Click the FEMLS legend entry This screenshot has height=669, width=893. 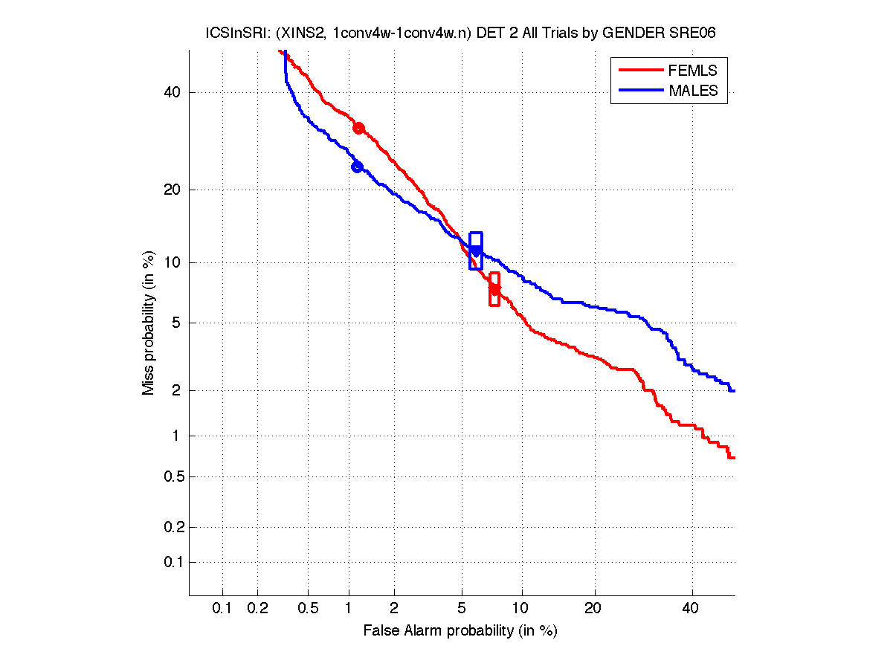coord(692,71)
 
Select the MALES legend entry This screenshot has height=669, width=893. coord(693,91)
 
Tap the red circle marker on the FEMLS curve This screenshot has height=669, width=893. coord(358,128)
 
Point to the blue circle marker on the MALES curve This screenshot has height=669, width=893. coord(357,167)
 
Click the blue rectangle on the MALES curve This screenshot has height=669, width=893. coord(476,251)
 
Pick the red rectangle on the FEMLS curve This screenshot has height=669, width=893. coord(494,288)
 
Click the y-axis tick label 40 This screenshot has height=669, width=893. coord(171,92)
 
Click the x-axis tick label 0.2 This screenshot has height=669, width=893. coord(257,609)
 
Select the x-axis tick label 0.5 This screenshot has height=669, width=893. coord(308,609)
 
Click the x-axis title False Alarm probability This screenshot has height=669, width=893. coord(460,631)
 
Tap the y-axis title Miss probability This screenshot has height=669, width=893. coord(149,323)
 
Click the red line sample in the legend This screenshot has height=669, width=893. coord(639,71)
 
